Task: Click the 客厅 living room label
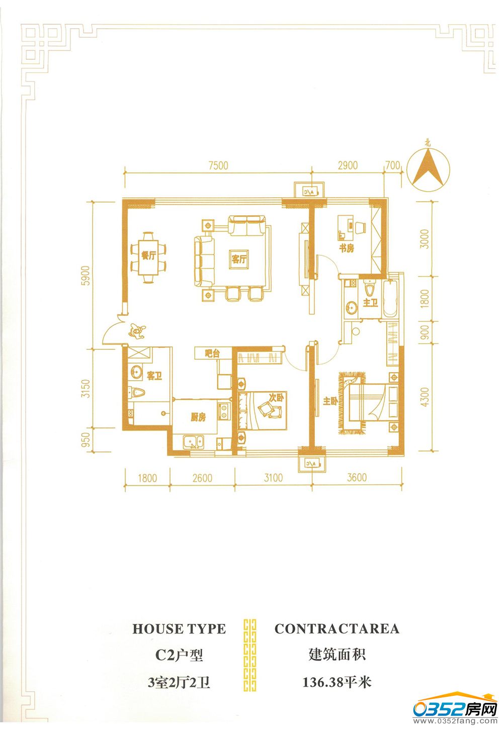coord(239,259)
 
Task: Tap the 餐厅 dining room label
coord(148,255)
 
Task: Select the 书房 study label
coord(346,248)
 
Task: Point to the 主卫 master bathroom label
coord(370,303)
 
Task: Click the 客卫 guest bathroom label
coord(154,376)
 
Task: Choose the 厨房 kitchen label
coord(198,417)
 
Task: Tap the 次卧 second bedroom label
coord(276,397)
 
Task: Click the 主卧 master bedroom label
coord(330,401)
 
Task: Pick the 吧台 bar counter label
coord(212,353)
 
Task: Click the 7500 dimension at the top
coord(218,165)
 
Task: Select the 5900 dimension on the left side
coord(86,276)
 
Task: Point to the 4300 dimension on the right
coord(425,397)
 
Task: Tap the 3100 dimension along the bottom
coord(273,478)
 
